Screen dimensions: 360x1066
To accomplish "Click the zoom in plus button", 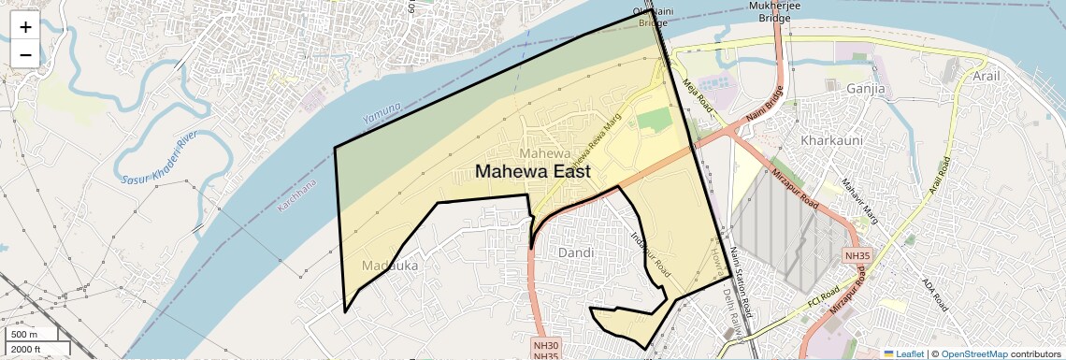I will click(x=25, y=27).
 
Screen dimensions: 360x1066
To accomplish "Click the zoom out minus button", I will click(x=25, y=54).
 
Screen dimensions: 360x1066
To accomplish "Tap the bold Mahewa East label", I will click(x=533, y=172).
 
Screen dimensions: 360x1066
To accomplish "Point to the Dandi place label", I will click(x=576, y=253).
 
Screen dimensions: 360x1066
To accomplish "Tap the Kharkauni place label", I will click(x=829, y=140).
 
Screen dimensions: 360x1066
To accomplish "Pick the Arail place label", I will click(x=992, y=76).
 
